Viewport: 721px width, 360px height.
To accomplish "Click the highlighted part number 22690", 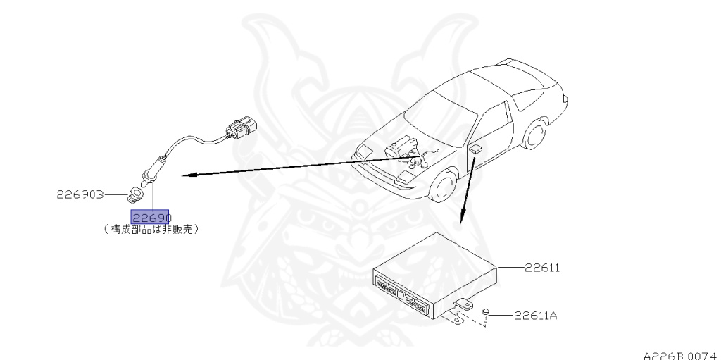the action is [x=151, y=218].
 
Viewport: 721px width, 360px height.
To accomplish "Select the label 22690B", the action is [x=80, y=194].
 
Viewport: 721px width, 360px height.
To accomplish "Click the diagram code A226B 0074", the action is [x=679, y=354].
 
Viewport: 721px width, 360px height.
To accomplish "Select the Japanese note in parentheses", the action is [x=150, y=229].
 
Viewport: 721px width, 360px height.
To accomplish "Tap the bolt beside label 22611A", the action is [x=486, y=315].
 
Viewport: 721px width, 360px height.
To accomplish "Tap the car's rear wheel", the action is [x=537, y=136].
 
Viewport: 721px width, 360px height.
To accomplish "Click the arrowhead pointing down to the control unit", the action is [x=461, y=218].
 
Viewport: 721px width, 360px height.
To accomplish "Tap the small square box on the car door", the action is [x=476, y=149].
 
